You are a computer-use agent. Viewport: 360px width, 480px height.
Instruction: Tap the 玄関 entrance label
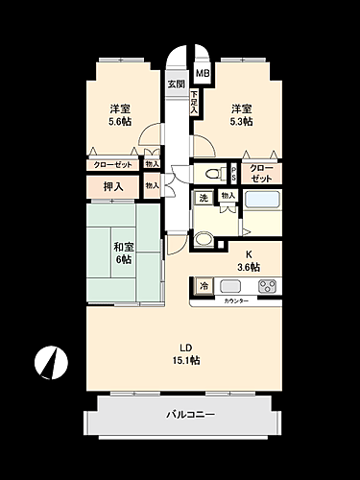tap(176, 84)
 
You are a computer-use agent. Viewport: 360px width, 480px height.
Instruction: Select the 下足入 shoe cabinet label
tap(194, 103)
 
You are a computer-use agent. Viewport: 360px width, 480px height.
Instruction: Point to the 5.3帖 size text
tap(240, 122)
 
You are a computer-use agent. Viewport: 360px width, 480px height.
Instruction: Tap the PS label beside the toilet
tap(234, 174)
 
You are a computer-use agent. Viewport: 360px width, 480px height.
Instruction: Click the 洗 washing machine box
tap(203, 198)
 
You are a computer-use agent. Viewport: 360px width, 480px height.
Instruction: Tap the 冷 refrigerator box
tap(204, 285)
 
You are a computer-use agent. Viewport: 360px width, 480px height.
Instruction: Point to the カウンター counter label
tap(236, 301)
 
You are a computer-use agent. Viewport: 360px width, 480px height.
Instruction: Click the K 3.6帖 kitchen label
tap(249, 260)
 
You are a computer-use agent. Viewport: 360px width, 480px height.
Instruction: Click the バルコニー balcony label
tap(182, 414)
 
